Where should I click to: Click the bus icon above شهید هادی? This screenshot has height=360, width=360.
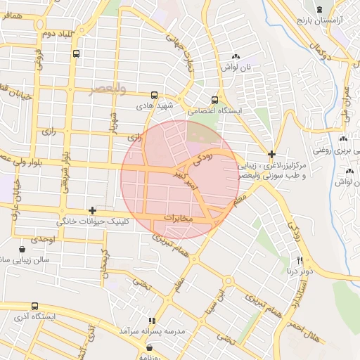[x=154, y=95]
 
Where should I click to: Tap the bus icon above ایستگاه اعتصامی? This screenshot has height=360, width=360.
[x=215, y=100]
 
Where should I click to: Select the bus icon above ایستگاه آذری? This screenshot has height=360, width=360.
[x=35, y=307]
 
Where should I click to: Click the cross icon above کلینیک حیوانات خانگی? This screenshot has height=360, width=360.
[x=92, y=210]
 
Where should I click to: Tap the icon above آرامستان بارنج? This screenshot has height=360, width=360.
[x=321, y=9]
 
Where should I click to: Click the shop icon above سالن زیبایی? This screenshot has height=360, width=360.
[x=22, y=249]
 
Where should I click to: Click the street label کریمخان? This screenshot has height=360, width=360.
[x=105, y=263]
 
